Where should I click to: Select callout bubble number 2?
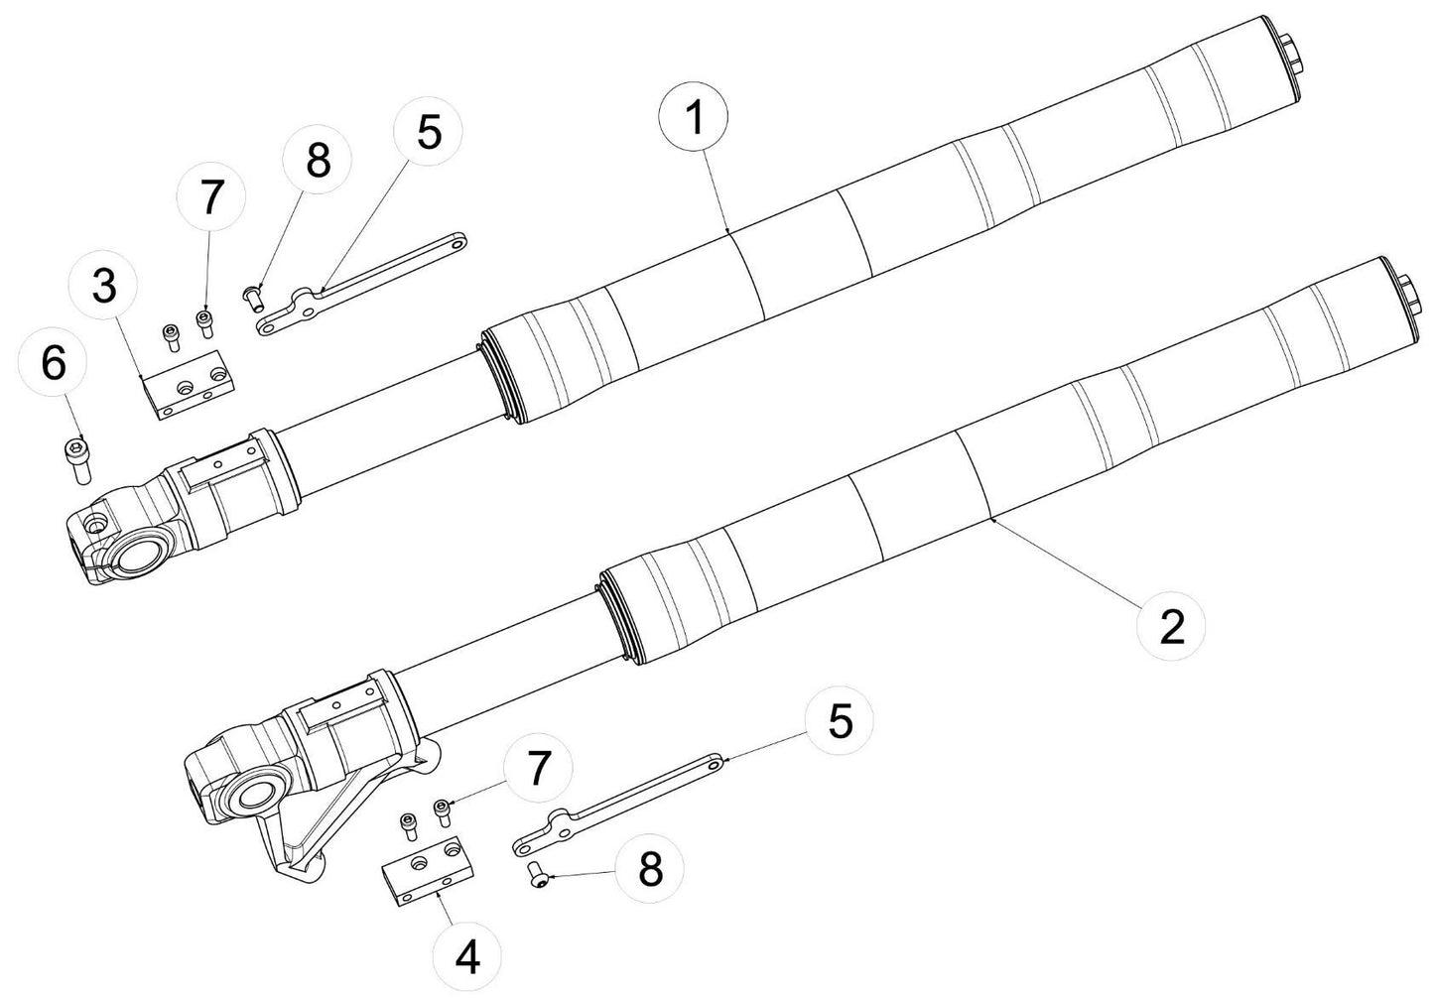click(x=1172, y=626)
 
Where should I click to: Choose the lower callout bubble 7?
click(x=538, y=765)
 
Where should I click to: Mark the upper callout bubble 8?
click(x=316, y=161)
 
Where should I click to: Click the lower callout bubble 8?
click(x=649, y=871)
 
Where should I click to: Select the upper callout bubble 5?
click(x=428, y=131)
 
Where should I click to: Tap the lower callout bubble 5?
click(x=840, y=723)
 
